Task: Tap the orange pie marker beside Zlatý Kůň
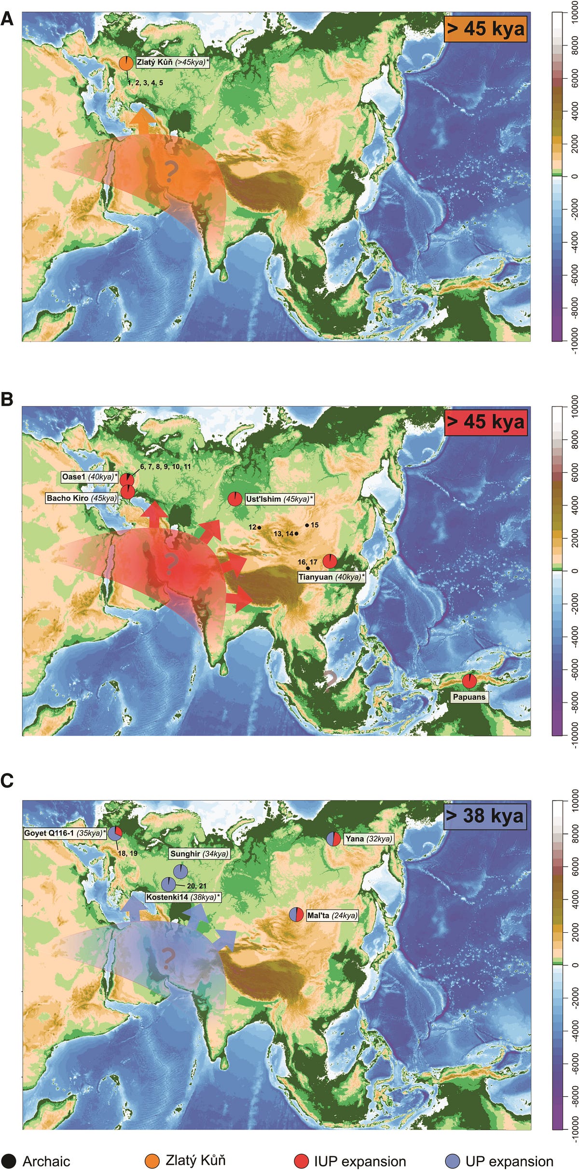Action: [x=126, y=63]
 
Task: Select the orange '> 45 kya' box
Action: [x=485, y=29]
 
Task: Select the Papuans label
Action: [x=469, y=697]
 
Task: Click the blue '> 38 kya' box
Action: [x=484, y=816]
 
